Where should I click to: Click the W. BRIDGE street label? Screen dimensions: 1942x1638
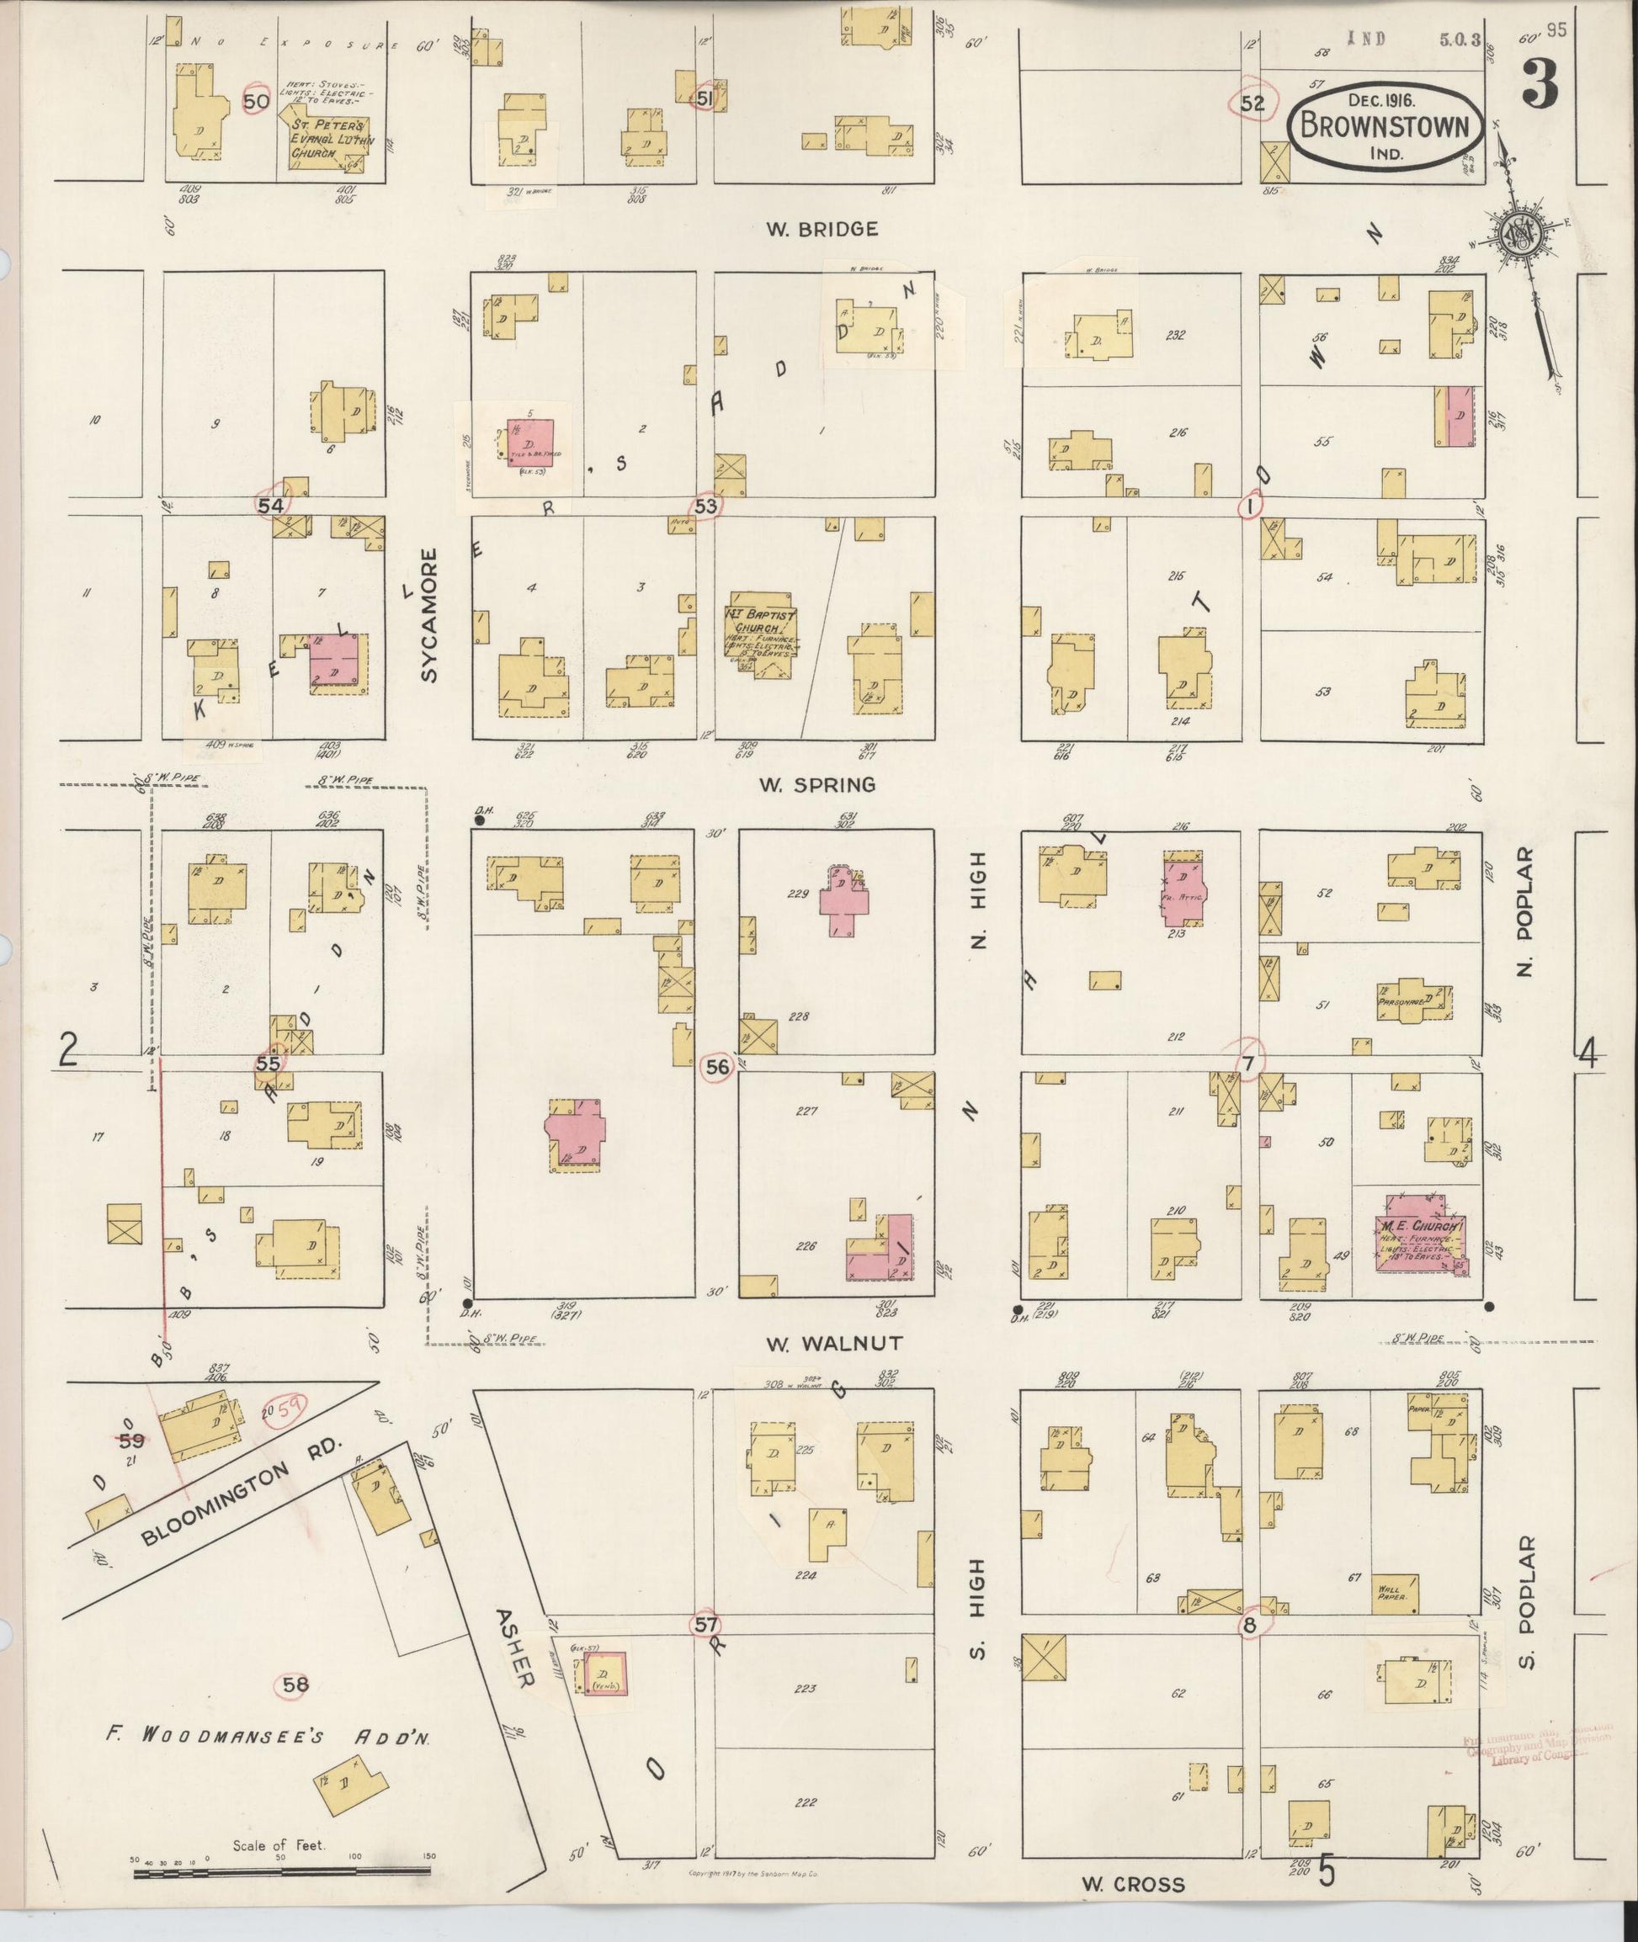[x=822, y=230]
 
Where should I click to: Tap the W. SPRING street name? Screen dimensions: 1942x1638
[x=817, y=785]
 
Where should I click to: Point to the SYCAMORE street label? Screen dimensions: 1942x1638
[x=428, y=615]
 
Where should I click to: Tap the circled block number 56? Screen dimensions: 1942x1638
[x=717, y=1068]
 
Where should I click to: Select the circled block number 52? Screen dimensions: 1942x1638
[x=1252, y=103]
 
